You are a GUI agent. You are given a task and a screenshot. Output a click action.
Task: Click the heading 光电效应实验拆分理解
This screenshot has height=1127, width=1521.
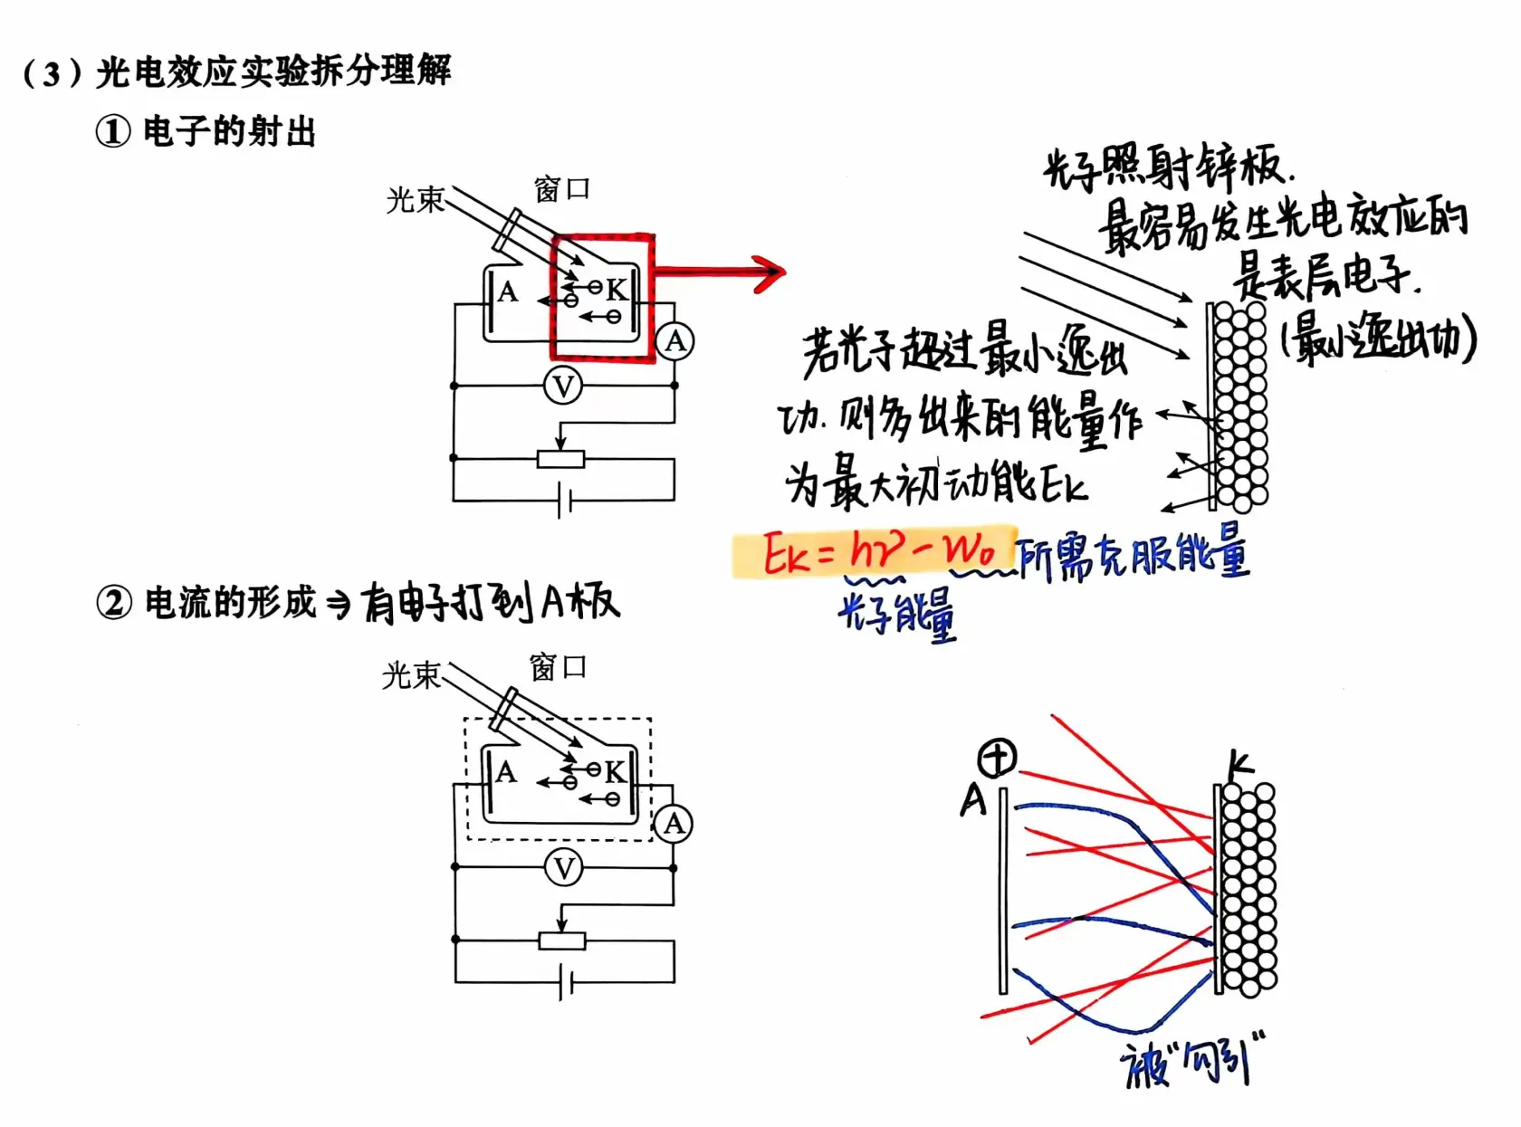pyautogui.click(x=272, y=71)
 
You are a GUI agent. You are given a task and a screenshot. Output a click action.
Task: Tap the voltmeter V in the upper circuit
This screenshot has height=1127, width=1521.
pyautogui.click(x=563, y=387)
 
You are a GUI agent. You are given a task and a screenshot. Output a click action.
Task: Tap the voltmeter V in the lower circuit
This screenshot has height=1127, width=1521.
pyautogui.click(x=563, y=868)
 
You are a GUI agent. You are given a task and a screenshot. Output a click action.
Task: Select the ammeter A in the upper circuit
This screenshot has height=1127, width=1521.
pyautogui.click(x=674, y=342)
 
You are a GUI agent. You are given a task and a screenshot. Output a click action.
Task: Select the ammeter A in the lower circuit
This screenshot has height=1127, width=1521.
pyautogui.click(x=674, y=824)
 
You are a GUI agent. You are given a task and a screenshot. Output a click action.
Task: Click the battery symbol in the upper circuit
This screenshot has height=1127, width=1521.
pyautogui.click(x=563, y=500)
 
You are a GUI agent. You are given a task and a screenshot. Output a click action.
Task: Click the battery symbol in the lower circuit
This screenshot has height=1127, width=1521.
pyautogui.click(x=565, y=982)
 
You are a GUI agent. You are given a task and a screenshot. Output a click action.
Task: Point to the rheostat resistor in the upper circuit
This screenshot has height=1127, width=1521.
pyautogui.click(x=560, y=460)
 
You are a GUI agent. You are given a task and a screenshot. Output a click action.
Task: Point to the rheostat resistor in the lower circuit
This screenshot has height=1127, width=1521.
pyautogui.click(x=562, y=941)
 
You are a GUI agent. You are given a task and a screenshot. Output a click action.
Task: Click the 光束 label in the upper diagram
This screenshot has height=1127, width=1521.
pyautogui.click(x=415, y=199)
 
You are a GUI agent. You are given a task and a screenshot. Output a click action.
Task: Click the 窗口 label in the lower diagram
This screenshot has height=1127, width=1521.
pyautogui.click(x=558, y=668)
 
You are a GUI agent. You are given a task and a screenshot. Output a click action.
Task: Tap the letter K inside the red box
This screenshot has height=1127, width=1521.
pyautogui.click(x=617, y=290)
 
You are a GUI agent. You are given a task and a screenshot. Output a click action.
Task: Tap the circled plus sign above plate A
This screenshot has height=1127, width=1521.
pyautogui.click(x=997, y=758)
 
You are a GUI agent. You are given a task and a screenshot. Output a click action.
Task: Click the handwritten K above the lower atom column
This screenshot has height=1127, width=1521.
pyautogui.click(x=1239, y=765)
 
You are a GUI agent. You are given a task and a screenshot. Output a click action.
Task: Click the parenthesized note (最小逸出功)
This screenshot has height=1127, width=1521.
pyautogui.click(x=1377, y=339)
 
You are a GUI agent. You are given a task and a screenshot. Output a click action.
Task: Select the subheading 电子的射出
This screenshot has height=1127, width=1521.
pyautogui.click(x=229, y=132)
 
